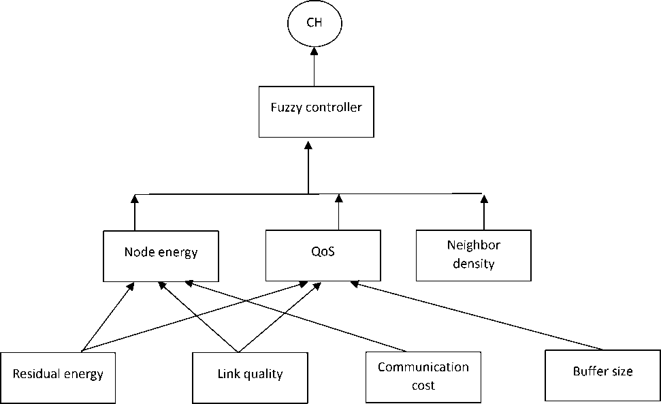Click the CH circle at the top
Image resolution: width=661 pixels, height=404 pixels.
(x=314, y=23)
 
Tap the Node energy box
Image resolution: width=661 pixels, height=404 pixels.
(x=161, y=255)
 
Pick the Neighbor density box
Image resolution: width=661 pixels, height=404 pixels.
(x=474, y=255)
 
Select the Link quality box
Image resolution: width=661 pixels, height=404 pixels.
(x=250, y=376)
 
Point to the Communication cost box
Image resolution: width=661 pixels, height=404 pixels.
(x=423, y=377)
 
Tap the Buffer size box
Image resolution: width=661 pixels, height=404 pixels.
(x=602, y=374)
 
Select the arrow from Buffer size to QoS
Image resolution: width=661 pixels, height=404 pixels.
(x=477, y=313)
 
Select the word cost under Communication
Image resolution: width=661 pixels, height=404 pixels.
(x=423, y=385)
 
